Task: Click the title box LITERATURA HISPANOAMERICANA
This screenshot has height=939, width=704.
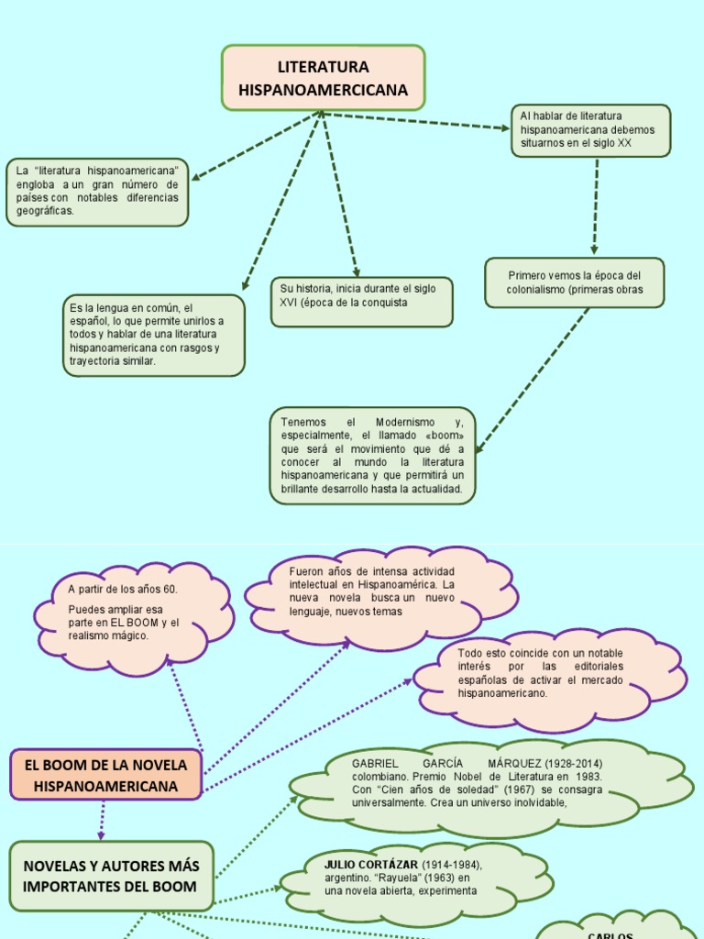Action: (x=323, y=78)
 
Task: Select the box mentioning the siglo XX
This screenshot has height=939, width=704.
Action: (x=590, y=130)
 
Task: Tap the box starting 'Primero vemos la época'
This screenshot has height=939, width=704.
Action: (x=575, y=282)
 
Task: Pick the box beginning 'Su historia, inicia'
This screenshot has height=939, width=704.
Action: (x=361, y=302)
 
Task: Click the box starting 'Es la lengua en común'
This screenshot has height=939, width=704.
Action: (x=153, y=335)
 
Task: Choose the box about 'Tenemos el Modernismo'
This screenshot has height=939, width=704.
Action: (x=372, y=456)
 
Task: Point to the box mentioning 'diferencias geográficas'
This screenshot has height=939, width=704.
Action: (x=97, y=192)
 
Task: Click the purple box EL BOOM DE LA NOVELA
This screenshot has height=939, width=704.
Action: (x=105, y=775)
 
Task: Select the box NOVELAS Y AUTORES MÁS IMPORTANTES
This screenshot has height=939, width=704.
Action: (x=111, y=876)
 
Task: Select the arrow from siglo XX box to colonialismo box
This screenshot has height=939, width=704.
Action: (x=596, y=206)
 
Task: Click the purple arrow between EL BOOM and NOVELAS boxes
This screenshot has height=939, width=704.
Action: (x=102, y=820)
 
